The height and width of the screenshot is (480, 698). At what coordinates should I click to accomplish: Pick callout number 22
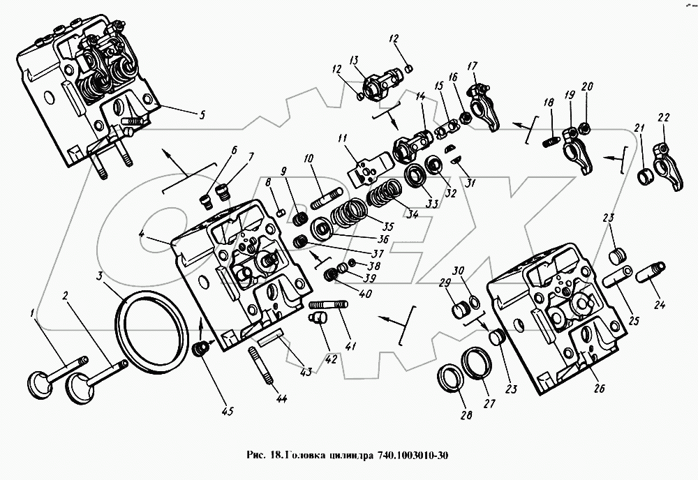pos(662,118)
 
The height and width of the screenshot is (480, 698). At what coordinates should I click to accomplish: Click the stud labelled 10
pos(326,200)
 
